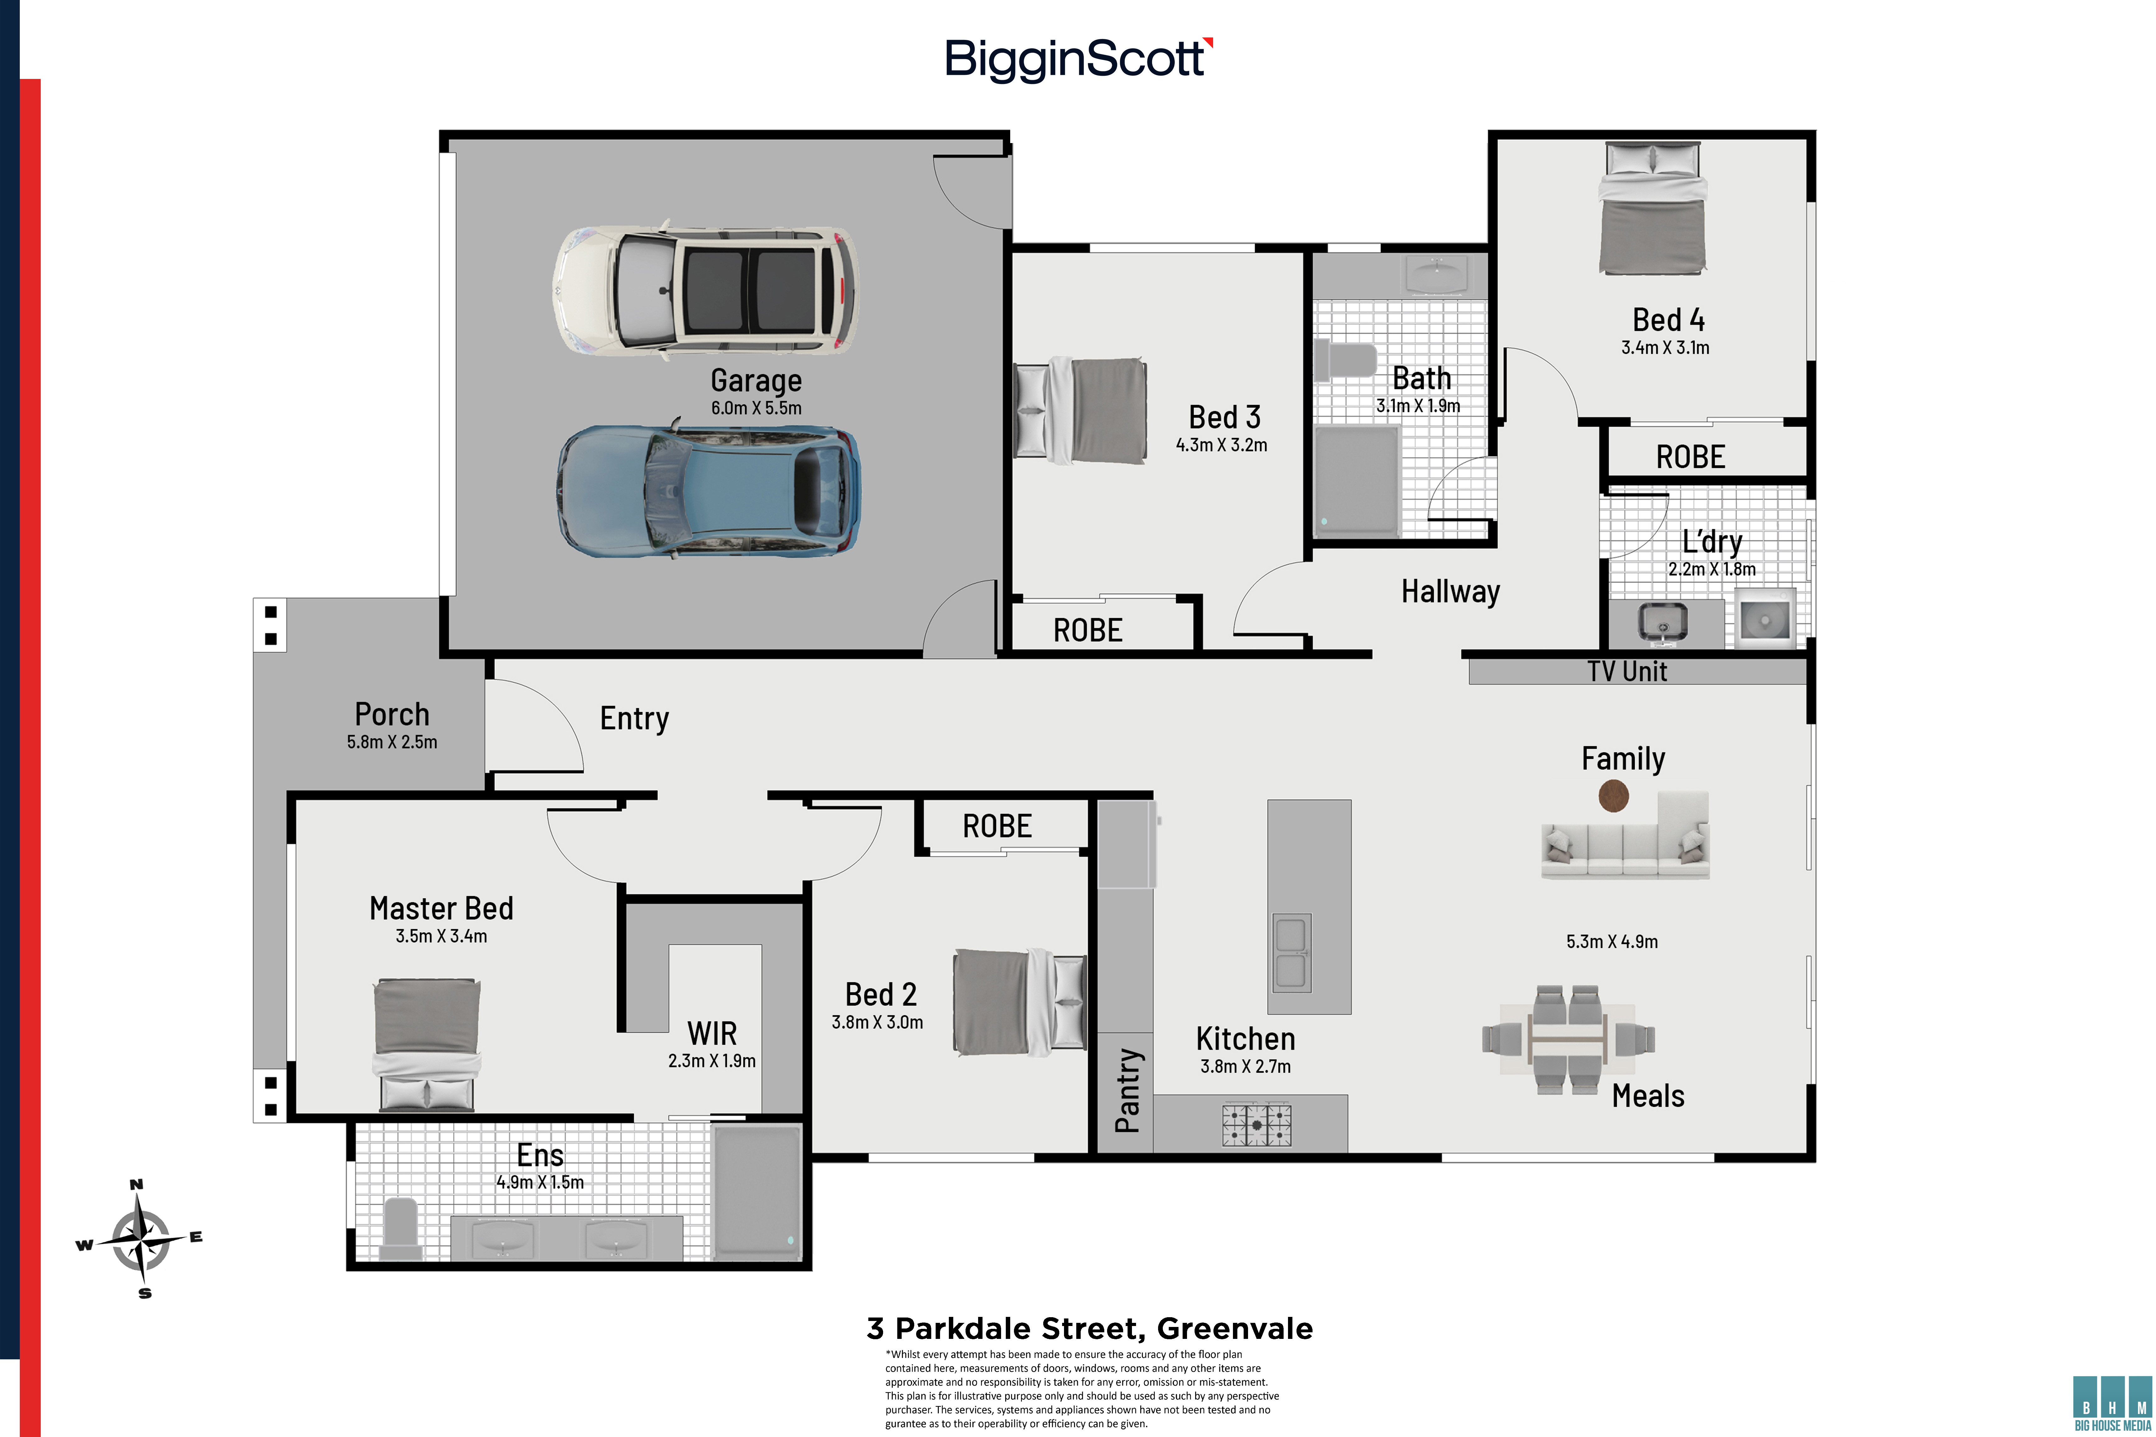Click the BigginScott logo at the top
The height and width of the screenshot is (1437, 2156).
(x=1079, y=59)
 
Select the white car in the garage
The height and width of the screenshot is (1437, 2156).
(x=705, y=291)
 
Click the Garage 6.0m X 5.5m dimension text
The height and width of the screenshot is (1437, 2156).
(x=756, y=408)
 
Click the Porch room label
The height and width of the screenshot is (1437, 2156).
(x=392, y=714)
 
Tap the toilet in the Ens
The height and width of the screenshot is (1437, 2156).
(x=400, y=1228)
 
